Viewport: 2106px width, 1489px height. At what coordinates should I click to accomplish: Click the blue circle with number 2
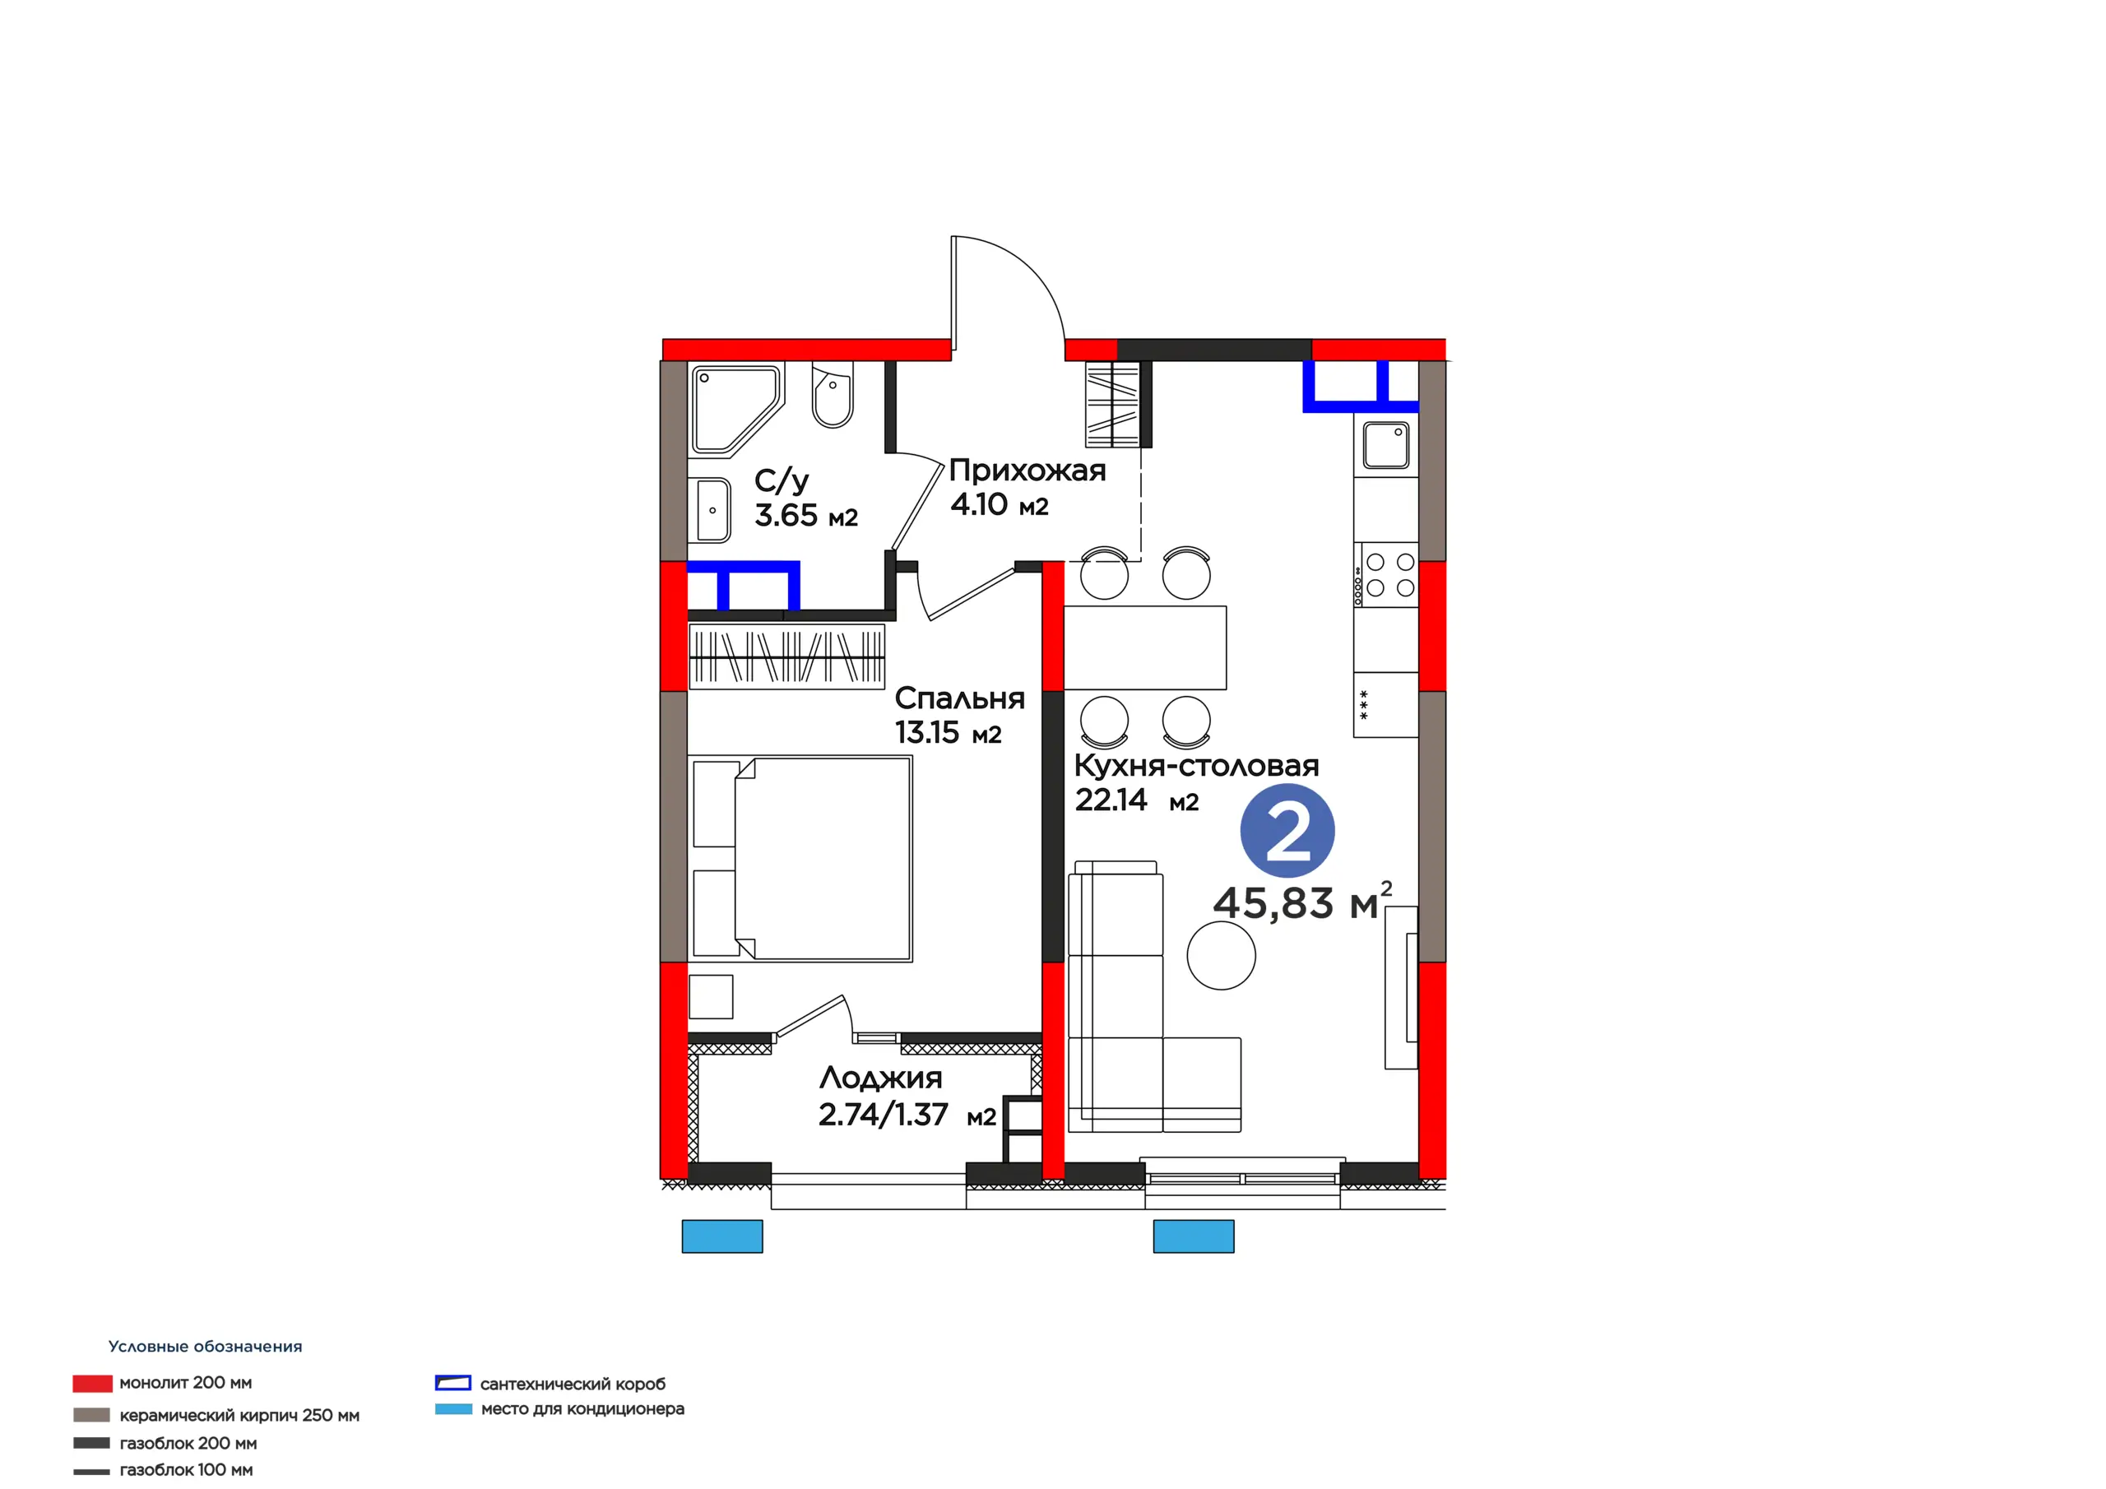[x=1287, y=830]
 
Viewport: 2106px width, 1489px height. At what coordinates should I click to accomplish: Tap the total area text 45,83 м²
[x=1302, y=901]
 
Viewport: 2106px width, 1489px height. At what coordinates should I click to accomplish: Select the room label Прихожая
[x=1027, y=471]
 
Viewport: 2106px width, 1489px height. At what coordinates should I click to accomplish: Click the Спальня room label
[x=959, y=698]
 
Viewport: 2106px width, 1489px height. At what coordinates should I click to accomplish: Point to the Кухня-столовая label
[x=1196, y=765]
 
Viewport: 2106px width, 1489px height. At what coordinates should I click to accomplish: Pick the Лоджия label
[x=880, y=1077]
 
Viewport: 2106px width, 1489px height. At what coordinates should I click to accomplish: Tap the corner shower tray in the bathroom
[x=736, y=411]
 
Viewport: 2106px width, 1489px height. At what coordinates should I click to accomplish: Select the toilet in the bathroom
[x=832, y=396]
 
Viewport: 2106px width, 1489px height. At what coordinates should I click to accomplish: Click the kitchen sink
[x=1385, y=445]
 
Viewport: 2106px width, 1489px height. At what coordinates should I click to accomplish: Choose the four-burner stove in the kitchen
[x=1389, y=574]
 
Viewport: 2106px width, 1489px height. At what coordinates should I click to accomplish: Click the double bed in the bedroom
[x=800, y=859]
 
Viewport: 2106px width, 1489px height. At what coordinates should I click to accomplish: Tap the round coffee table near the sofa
[x=1221, y=955]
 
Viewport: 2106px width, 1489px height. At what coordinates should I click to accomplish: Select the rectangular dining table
[x=1144, y=647]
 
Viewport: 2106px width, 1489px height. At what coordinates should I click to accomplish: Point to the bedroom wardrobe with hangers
[x=787, y=656]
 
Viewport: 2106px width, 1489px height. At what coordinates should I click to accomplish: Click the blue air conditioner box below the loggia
[x=721, y=1236]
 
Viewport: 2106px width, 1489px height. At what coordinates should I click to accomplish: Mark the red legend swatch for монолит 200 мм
[x=93, y=1383]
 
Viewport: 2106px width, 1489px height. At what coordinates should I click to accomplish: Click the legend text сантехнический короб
[x=573, y=1384]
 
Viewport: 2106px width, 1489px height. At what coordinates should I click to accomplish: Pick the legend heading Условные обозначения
[x=206, y=1347]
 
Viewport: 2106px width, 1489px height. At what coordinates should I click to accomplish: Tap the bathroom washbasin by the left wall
[x=710, y=510]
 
